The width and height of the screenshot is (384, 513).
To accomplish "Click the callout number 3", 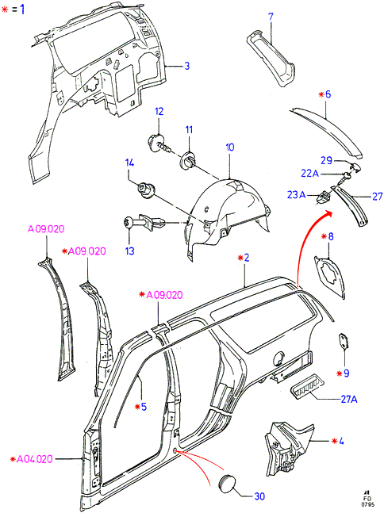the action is pos(187,66).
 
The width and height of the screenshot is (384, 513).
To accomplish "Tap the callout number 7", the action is pos(271,17).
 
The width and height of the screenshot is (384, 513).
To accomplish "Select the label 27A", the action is pos(348,399).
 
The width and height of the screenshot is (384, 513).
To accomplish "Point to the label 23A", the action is pos(296,195).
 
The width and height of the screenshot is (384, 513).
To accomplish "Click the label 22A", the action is pos(309,173).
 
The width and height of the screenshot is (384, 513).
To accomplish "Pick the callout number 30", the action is pos(259,496).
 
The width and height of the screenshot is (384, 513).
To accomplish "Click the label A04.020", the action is pos(34,459).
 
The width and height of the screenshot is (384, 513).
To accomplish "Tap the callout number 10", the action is pos(230,147).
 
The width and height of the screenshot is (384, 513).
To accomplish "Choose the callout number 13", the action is pos(130,251).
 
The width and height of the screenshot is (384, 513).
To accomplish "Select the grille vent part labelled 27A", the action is pos(306,385).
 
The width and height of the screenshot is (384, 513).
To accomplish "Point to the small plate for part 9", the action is pos(343,341).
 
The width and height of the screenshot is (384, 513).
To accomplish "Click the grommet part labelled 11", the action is pos(188,159).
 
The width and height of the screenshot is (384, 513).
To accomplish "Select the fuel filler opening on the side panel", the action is pos(278,358).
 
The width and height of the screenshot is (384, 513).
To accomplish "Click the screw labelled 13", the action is pos(146,223).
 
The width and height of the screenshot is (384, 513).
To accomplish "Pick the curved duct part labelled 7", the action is pos(271,59).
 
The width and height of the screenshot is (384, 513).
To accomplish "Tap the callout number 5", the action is pos(144,407).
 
